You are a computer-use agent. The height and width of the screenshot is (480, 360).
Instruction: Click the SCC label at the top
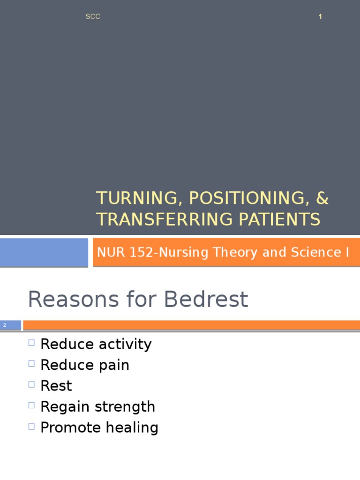(93, 17)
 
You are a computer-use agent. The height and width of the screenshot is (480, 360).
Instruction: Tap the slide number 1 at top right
(320, 17)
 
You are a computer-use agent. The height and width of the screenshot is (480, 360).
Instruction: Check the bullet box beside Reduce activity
(31, 343)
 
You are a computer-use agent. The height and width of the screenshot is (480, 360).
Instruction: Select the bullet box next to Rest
(31, 384)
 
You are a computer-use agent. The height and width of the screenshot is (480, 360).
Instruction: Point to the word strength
(125, 406)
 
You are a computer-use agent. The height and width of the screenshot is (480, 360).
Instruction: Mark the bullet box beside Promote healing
(31, 426)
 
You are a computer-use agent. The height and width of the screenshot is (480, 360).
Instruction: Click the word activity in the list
(125, 345)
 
